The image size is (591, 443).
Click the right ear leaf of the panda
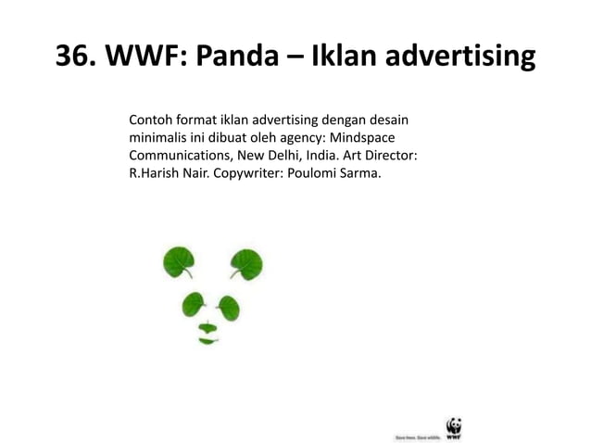[246, 264]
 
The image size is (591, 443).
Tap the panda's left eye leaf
[194, 303]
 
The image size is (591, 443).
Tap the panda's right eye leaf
[227, 304]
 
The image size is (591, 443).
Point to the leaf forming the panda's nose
[209, 326]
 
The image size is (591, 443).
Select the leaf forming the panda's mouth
[207, 340]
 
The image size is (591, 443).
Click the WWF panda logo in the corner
[453, 427]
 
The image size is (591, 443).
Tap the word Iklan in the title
[342, 58]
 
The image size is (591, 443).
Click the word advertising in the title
[459, 58]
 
